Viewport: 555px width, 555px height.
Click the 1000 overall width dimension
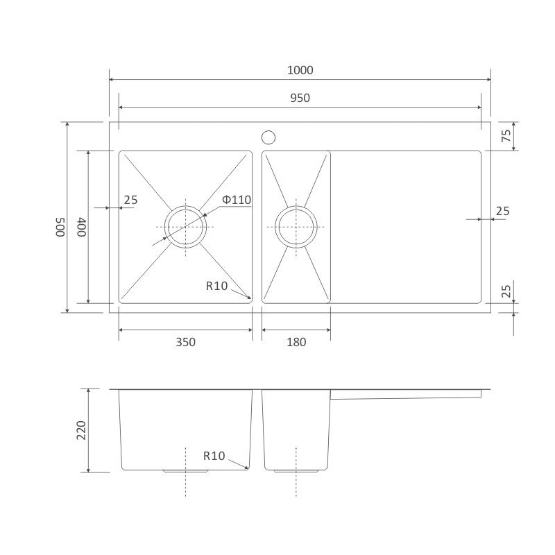(x=300, y=70)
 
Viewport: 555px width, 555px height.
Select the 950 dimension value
(x=300, y=98)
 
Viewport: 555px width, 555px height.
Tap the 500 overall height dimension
(x=60, y=227)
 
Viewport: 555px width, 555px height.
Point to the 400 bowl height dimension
(x=81, y=227)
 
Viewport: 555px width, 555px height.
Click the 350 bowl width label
(x=185, y=342)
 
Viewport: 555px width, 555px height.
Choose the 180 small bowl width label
(x=296, y=342)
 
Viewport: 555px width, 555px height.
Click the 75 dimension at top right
(x=506, y=136)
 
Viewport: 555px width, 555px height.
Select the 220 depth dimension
(x=81, y=430)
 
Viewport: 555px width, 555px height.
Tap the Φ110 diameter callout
(x=237, y=200)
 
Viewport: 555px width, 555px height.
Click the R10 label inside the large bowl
(x=216, y=286)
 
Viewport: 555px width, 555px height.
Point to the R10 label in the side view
(x=214, y=456)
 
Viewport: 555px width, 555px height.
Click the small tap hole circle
(x=268, y=137)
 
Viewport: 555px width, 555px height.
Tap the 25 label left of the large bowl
(x=130, y=200)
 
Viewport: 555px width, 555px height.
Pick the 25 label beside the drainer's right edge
(x=502, y=211)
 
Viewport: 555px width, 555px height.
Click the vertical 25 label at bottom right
(x=506, y=291)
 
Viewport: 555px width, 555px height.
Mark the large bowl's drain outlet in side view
(x=185, y=472)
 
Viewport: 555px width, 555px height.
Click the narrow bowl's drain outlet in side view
(x=296, y=472)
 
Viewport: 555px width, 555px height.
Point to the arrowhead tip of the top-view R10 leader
(x=251, y=300)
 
